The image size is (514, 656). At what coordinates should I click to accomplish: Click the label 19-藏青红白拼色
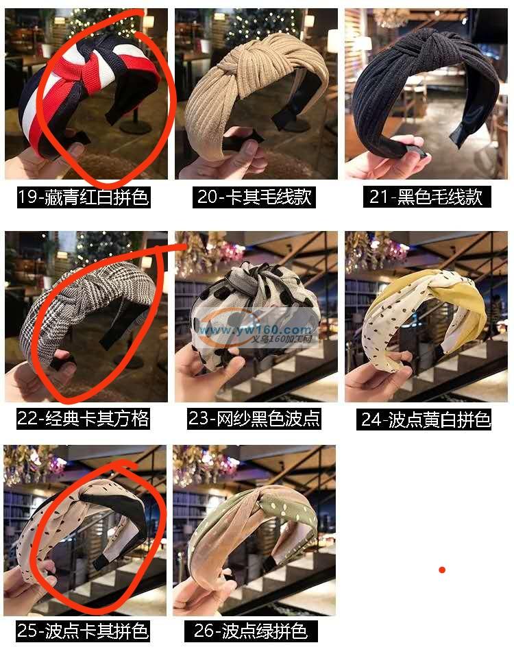point(84,197)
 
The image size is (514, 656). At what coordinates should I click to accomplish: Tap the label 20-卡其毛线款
point(254,197)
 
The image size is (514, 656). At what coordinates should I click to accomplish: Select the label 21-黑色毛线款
point(426,197)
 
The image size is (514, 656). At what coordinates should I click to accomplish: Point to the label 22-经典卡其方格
point(83,418)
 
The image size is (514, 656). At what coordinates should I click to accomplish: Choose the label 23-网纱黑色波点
point(254,418)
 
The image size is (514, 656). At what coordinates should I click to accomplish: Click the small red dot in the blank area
point(442,570)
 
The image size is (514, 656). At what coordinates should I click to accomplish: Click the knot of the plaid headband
point(77,293)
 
